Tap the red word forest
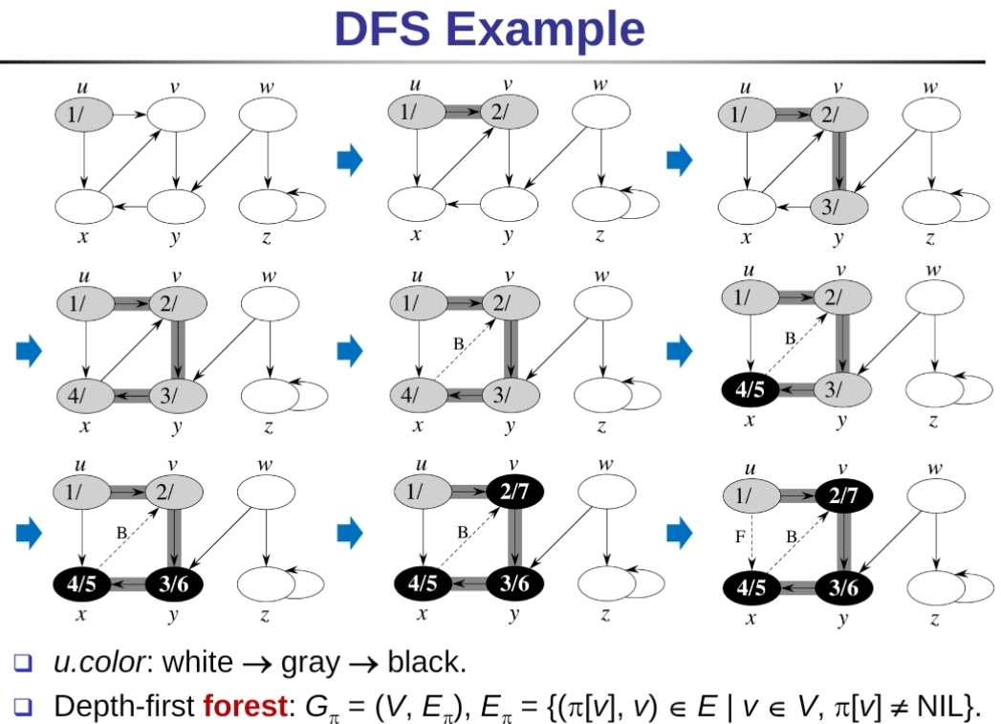(x=245, y=707)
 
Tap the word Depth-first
(x=123, y=707)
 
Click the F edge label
(x=740, y=538)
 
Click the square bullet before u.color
(x=24, y=662)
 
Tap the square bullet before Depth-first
(x=24, y=707)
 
